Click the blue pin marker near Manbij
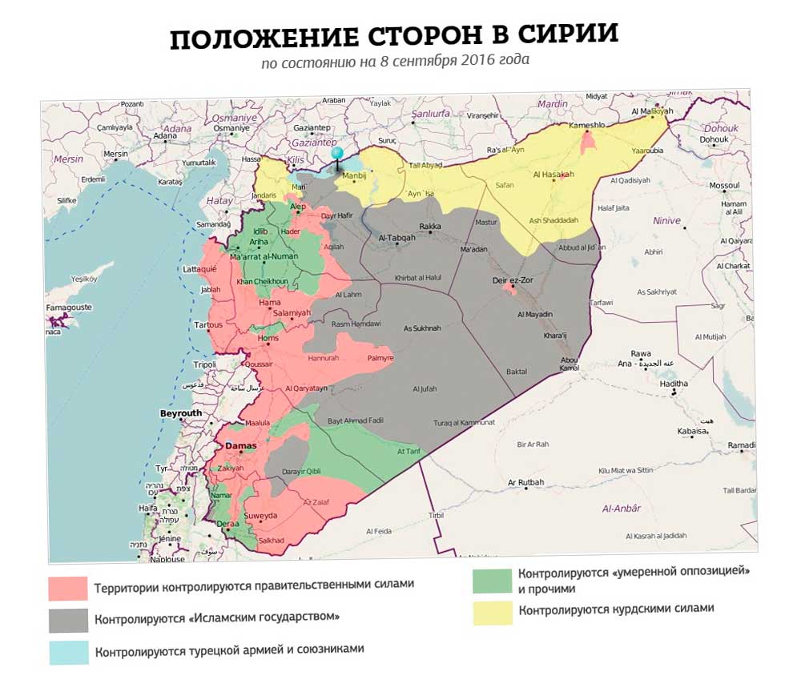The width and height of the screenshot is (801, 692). [337, 155]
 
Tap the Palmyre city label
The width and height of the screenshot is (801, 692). [380, 358]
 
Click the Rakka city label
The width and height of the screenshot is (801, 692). [429, 226]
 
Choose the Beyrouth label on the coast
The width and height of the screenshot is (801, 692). [181, 413]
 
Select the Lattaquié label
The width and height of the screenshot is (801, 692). [200, 270]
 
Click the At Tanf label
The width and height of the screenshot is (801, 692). [409, 452]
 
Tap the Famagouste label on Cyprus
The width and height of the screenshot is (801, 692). [68, 307]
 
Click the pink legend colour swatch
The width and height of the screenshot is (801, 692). [68, 589]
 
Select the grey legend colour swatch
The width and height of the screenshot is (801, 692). [68, 621]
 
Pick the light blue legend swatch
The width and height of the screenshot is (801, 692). [68, 652]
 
